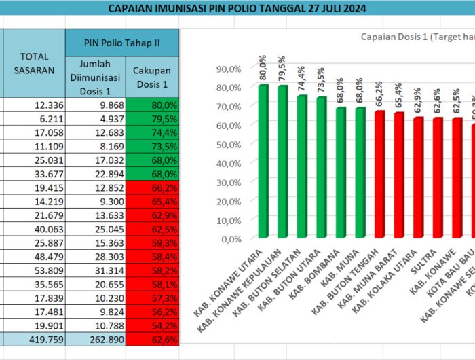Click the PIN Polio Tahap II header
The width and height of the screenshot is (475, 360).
tap(122, 42)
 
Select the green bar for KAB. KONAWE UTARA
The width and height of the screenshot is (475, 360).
tap(263, 162)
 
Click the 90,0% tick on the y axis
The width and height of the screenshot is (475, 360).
tap(229, 69)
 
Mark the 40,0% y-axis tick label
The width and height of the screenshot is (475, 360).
tap(229, 163)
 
